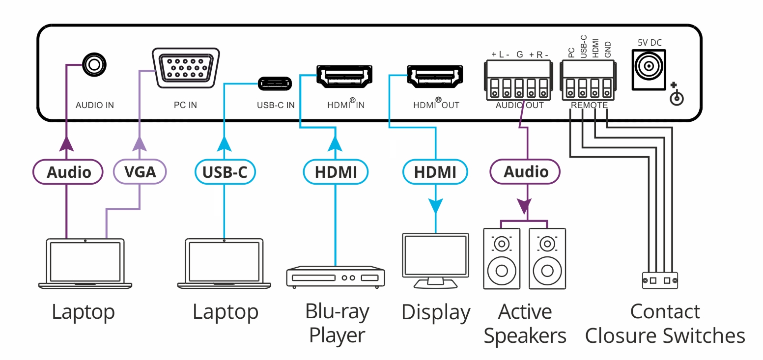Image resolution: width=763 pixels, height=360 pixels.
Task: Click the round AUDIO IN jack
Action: (93, 64)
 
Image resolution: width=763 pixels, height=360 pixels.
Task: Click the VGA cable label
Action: (140, 172)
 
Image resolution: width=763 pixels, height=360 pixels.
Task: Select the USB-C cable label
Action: (224, 172)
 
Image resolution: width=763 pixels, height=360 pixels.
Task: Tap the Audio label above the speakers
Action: (526, 172)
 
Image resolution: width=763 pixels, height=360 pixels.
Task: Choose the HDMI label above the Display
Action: (435, 172)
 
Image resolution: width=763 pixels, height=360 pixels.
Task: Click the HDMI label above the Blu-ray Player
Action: (336, 172)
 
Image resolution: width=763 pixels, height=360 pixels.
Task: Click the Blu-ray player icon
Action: (336, 277)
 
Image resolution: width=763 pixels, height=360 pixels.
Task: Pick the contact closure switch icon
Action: (660, 280)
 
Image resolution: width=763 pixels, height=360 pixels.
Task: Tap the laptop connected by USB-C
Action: (224, 264)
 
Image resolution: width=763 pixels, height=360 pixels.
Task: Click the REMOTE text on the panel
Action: (589, 105)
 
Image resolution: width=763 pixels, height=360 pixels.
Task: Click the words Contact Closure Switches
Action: (665, 324)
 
